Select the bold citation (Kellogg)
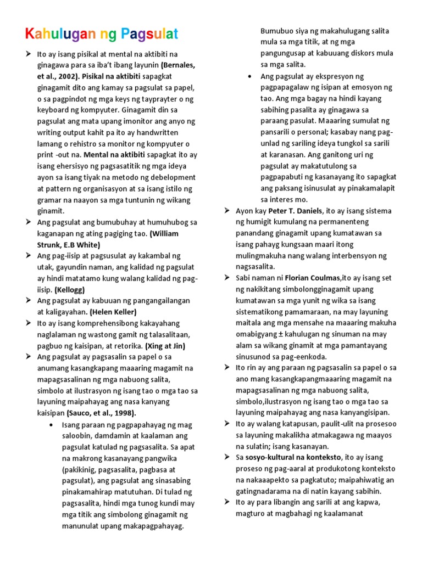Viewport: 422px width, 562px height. [x=70, y=289]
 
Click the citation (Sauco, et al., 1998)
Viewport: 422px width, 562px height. [x=102, y=413]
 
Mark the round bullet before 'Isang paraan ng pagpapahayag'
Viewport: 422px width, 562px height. [x=51, y=425]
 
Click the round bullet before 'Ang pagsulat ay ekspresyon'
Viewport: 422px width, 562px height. [x=250, y=76]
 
